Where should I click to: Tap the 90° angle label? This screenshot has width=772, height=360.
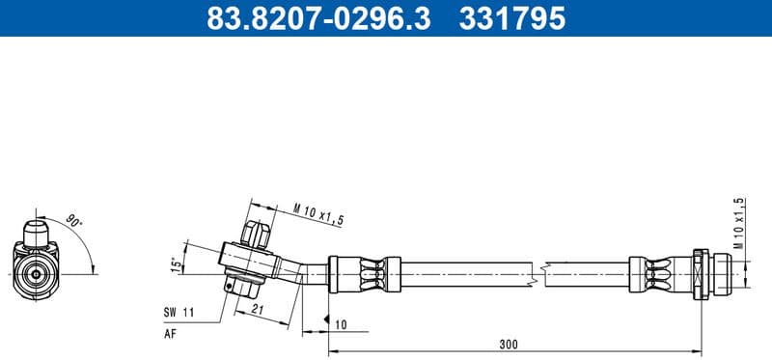(75, 221)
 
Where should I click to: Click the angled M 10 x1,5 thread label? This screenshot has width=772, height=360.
(317, 213)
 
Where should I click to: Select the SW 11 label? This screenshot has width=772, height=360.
(179, 313)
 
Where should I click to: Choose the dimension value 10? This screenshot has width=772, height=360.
(341, 325)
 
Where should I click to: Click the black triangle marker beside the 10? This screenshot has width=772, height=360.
(327, 318)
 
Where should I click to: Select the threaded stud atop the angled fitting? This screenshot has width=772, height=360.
(256, 234)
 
